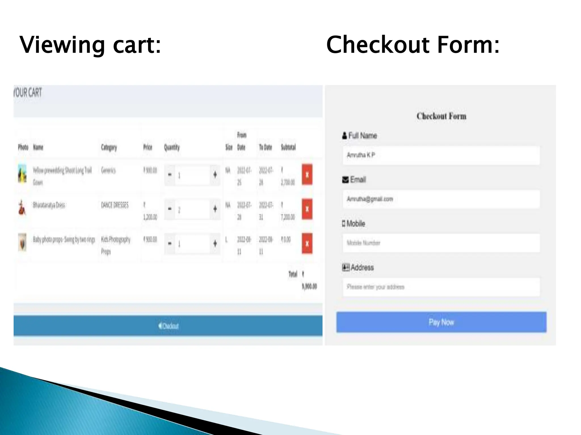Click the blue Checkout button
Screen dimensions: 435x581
[168, 326]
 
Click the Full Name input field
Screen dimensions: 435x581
[441, 155]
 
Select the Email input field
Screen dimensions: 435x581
[441, 199]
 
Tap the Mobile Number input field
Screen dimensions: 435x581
[441, 243]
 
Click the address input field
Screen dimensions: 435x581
[441, 287]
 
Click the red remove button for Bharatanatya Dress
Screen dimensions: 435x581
[307, 209]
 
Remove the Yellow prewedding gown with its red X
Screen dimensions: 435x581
[307, 174]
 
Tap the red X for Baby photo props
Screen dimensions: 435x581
[307, 244]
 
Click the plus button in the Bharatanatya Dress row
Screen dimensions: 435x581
[215, 209]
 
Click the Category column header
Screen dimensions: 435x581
[109, 147]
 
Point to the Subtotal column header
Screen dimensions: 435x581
[288, 147]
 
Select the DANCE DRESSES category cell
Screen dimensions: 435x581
[115, 205]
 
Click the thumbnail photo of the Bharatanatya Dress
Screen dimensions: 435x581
[22, 208]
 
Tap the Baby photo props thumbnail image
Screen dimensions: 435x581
[22, 242]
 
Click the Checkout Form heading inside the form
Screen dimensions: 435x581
[441, 116]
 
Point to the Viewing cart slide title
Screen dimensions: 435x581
[90, 45]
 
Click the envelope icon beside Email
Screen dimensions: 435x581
[345, 180]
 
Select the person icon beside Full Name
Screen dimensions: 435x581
[344, 136]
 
